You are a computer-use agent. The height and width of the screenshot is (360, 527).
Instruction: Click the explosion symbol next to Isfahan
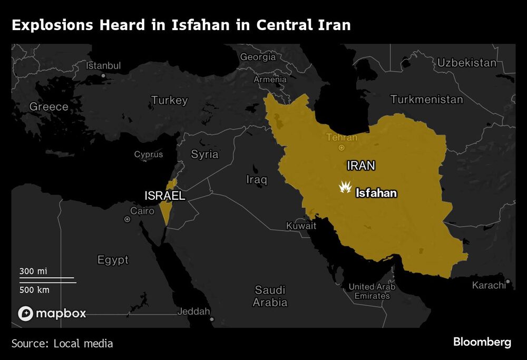tap(345, 187)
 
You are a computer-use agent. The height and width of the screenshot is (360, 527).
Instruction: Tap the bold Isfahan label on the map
tap(376, 193)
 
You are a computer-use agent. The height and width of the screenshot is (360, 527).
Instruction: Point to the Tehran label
tap(341, 138)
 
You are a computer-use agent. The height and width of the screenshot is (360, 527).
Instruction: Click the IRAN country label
tap(361, 166)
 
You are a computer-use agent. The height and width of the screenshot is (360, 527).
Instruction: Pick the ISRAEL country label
tap(165, 196)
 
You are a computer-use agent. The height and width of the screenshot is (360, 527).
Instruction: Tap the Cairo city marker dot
tap(127, 219)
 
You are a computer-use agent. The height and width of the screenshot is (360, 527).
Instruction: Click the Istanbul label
tap(103, 66)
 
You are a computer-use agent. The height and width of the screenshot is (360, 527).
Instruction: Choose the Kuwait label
tap(301, 226)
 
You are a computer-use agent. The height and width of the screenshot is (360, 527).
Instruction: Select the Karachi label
tap(489, 285)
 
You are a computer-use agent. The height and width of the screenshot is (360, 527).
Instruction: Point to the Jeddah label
tap(193, 311)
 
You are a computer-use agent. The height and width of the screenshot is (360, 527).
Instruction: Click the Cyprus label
tap(149, 154)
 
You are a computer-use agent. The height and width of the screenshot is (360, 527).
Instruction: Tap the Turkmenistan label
tap(427, 99)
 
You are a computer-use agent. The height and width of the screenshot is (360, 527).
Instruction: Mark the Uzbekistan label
tap(466, 63)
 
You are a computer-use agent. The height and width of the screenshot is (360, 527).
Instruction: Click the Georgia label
tap(258, 57)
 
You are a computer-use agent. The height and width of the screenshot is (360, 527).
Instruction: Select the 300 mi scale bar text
tap(34, 271)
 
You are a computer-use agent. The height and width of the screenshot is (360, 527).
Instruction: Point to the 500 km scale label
tap(35, 289)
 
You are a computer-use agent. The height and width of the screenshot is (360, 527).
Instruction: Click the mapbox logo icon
tap(26, 313)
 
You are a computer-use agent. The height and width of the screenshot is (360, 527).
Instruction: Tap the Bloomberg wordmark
tap(482, 342)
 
